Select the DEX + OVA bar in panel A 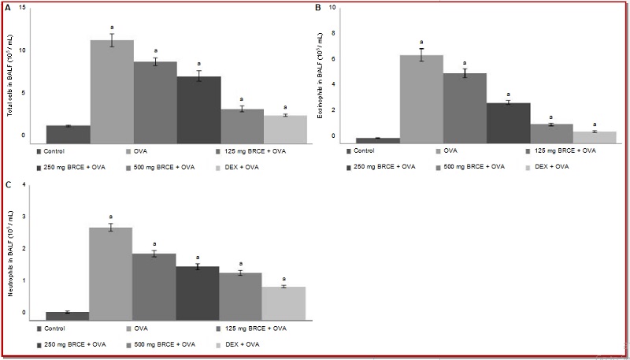(x=284, y=128)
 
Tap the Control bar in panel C (x=68, y=316)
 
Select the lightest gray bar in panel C (x=283, y=303)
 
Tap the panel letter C (x=9, y=185)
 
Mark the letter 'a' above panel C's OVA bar (x=111, y=215)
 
